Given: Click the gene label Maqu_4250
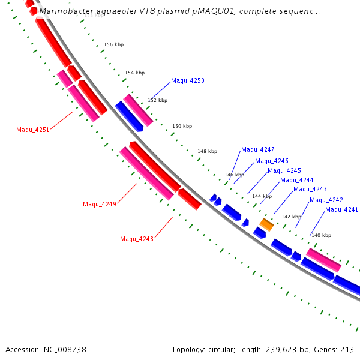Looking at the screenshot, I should tap(187, 80).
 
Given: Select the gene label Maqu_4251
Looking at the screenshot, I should tap(32, 130).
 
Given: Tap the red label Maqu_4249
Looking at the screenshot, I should tap(99, 204).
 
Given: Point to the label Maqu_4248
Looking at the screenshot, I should tap(136, 239).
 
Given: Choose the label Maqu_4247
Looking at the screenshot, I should tap(257, 149).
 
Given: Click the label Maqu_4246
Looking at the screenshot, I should tap(271, 161).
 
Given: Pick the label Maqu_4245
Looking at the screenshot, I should tap(284, 170).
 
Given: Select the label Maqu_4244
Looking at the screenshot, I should tap(296, 180).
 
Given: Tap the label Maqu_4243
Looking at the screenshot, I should tap(310, 190).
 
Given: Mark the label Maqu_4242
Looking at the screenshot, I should tap(326, 200).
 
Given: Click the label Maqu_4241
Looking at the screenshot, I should tap(341, 209).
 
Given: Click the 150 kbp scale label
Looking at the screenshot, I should tap(182, 126).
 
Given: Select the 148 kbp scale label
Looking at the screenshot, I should tap(207, 151).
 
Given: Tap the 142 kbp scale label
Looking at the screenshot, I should tap(291, 217).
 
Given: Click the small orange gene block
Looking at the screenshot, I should tap(266, 224).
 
